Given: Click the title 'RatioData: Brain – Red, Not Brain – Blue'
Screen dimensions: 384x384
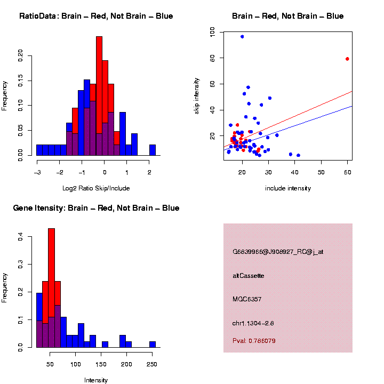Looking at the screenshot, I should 96,17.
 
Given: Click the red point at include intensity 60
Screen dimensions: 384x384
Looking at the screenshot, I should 347,59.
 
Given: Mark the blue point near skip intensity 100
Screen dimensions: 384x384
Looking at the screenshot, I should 242,37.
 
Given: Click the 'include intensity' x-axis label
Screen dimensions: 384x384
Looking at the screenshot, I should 288,188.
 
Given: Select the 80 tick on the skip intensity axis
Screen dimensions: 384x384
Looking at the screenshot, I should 213,58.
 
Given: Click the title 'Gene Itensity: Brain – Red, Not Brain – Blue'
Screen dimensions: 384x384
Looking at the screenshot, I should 96,208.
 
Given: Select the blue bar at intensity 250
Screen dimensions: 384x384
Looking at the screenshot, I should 153,344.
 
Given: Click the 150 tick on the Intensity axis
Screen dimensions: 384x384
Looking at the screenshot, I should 101,364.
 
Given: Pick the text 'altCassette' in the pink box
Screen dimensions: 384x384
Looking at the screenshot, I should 249,276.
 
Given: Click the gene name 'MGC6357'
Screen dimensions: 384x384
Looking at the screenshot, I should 246,299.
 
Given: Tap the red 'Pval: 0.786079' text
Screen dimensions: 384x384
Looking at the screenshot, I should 254,341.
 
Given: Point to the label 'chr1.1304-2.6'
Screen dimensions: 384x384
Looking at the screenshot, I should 253,323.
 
